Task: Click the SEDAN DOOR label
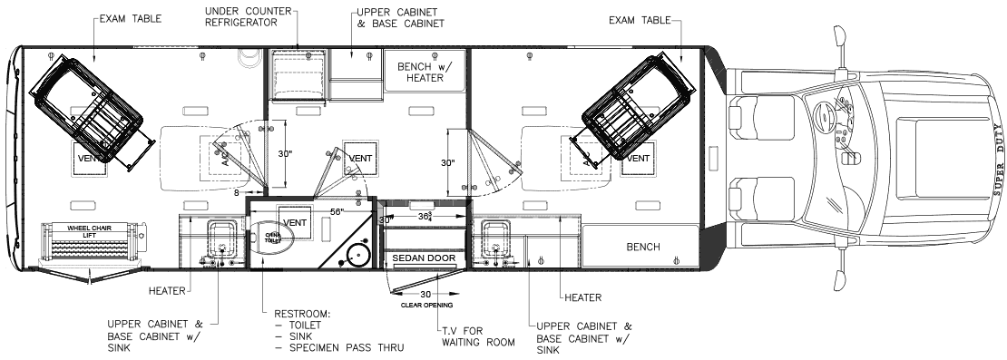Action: (422, 259)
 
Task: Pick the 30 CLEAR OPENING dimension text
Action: (423, 297)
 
